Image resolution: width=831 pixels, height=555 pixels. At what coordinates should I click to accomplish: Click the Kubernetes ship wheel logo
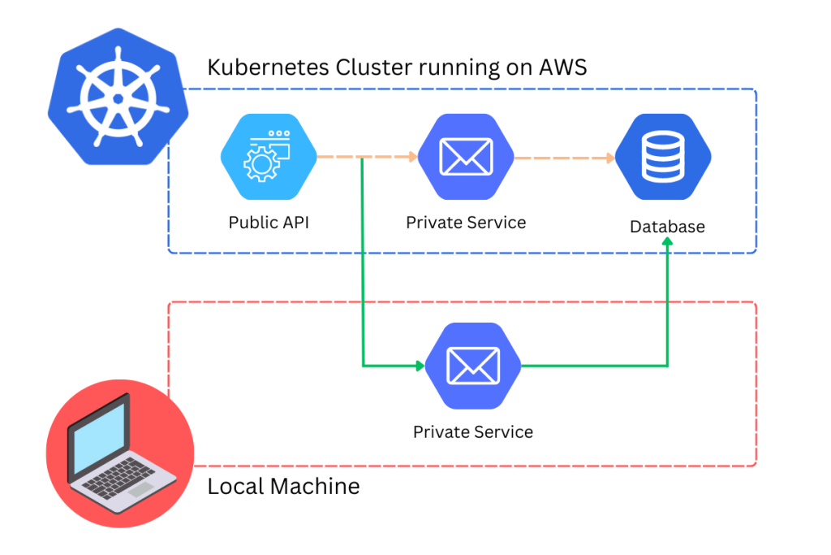point(118,98)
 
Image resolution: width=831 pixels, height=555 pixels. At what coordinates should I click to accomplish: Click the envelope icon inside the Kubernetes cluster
point(466,157)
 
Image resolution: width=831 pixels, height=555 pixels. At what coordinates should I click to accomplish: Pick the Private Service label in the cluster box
point(466,223)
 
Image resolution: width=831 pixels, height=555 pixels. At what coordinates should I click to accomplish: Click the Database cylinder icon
point(663,157)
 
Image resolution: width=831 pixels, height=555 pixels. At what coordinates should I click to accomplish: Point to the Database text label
point(667,227)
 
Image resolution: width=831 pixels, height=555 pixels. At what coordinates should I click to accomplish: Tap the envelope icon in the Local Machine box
point(474,366)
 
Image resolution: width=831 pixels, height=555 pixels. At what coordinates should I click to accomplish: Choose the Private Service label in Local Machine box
point(473,431)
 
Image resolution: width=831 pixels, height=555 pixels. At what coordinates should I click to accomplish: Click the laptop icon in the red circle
point(119,452)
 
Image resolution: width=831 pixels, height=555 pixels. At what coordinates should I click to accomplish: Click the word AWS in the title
point(563,67)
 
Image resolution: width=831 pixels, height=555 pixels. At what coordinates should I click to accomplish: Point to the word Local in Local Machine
point(235,487)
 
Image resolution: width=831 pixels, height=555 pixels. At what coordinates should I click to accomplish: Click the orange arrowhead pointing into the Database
point(609,158)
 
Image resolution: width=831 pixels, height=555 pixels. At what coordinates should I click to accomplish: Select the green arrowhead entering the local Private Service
point(420,366)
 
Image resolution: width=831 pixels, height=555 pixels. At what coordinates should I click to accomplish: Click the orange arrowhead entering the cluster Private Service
point(412,158)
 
